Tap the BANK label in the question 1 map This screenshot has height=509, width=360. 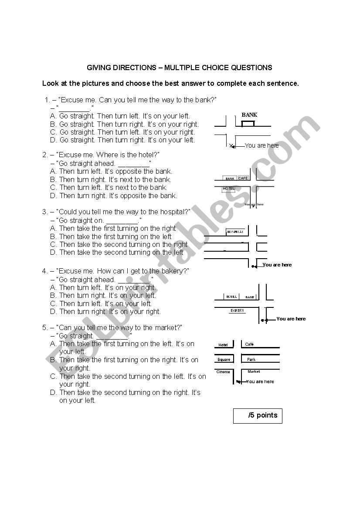coord(249,115)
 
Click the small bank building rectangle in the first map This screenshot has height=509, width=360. coord(248,124)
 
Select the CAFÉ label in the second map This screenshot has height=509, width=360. coord(243,178)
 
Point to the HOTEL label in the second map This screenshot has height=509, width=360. coord(229,189)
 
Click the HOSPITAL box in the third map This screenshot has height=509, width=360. coord(235,232)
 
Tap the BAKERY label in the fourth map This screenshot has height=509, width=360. coord(237,311)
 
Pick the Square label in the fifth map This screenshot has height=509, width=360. coord(224,360)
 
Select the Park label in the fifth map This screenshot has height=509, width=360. coord(251,360)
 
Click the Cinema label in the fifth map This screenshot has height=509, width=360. coord(223,372)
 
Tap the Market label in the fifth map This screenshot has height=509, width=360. coord(254,372)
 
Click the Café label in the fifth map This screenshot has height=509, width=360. coord(249,344)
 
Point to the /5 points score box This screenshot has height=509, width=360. coord(258,415)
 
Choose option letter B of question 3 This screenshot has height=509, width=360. coord(53,236)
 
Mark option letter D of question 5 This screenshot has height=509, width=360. coord(53,392)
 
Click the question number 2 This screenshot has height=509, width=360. coord(44,155)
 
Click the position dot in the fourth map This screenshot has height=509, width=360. coord(262,320)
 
